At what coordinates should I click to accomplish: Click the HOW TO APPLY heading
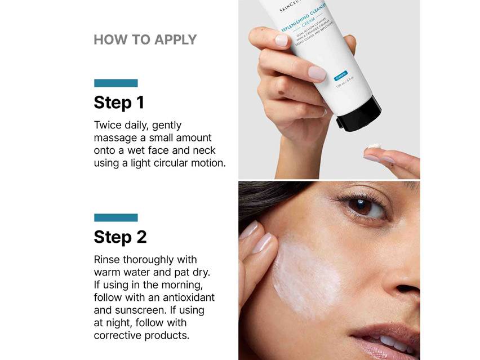pos(145,39)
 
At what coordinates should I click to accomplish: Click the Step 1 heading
pos(119,103)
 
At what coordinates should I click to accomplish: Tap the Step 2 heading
pos(120,237)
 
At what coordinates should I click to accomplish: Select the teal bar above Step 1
pos(115,83)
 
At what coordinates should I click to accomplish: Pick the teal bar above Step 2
pos(115,217)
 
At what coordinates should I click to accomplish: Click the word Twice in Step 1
pos(107,125)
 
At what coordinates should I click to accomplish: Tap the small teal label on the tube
pos(340,77)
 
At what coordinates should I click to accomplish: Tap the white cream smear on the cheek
pos(307,276)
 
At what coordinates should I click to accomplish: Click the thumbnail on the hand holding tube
pos(317,73)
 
